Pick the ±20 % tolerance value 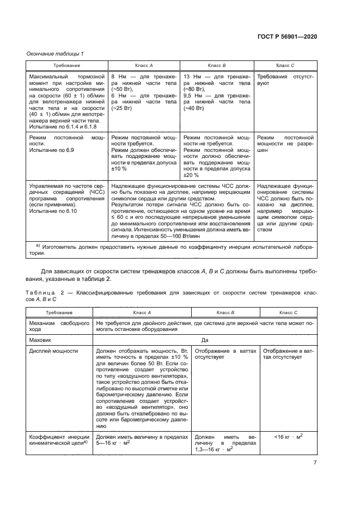pyautogui.click(x=191, y=175)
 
